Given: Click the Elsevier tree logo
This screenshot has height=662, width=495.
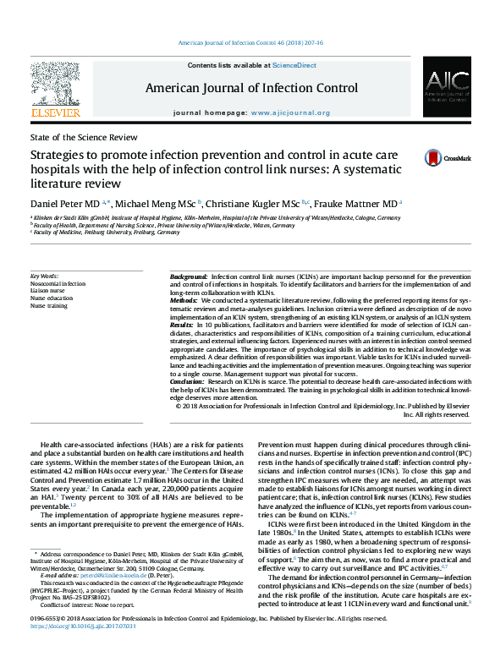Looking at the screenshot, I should (55, 84).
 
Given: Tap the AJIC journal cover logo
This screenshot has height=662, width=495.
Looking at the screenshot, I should (442, 89).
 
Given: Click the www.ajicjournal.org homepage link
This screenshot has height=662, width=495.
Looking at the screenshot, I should (289, 112).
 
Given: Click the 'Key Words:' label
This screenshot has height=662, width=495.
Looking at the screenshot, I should (45, 276).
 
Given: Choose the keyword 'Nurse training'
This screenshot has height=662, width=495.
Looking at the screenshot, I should (50, 305).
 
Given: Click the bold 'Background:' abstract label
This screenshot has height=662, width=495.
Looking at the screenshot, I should (189, 277).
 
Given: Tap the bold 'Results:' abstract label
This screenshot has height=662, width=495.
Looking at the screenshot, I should (183, 325).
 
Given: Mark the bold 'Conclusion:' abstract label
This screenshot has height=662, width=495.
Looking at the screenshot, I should (187, 380).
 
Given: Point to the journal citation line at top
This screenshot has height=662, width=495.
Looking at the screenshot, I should (246, 41).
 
